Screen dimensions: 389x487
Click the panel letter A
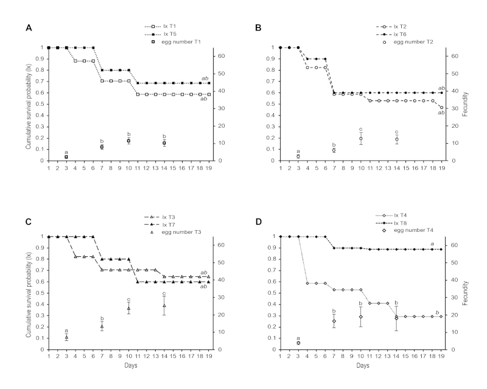(x=27, y=27)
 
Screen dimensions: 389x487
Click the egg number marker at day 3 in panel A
(x=66, y=157)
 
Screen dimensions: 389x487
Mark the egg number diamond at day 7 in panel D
(x=334, y=321)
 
